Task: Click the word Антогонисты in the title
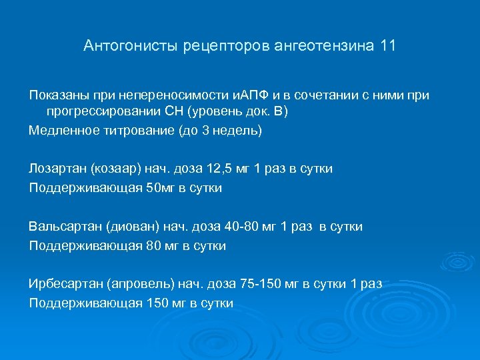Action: point(125,46)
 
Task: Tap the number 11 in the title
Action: point(387,46)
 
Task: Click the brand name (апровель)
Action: point(139,284)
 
